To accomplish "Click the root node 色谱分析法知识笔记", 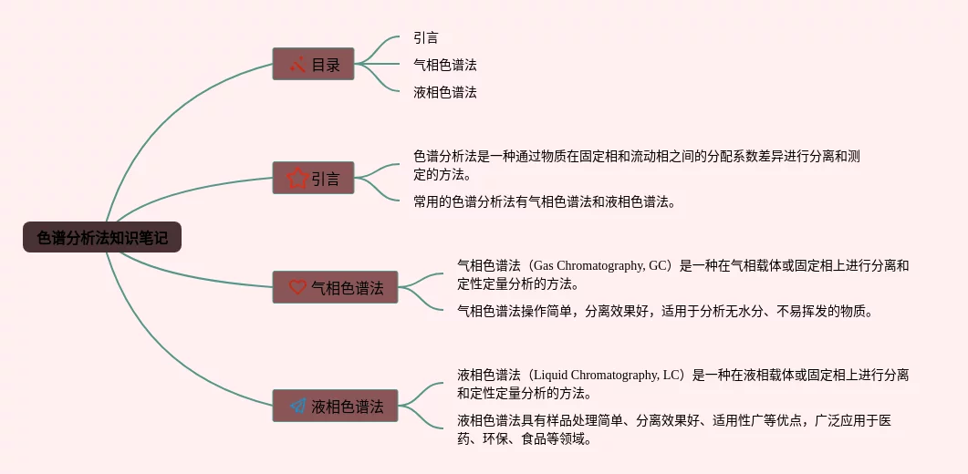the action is pos(102,238).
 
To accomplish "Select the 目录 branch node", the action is pos(313,65).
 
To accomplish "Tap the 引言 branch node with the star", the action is pos(313,179).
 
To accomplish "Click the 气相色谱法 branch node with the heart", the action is pos(335,288).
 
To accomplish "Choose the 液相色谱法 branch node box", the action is pos(335,407).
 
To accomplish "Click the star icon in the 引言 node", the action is pos(297,179).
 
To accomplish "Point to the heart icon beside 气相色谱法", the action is pos(297,288).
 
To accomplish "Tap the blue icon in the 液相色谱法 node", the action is pos(297,407).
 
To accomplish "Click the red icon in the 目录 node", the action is pos(297,65).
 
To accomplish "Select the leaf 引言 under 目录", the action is pos(425,38).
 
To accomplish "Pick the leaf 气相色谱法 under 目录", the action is pos(444,65).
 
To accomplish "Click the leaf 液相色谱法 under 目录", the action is pos(444,92).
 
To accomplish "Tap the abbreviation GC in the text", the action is pos(658,266).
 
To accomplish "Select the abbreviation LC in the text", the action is pos(671,376).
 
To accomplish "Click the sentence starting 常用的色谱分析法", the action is pos(545,202).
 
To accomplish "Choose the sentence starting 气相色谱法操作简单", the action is pos(666,312).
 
